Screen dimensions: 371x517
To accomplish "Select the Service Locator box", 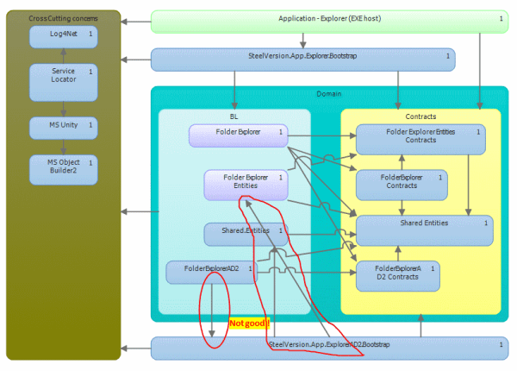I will pyautogui.click(x=63, y=82).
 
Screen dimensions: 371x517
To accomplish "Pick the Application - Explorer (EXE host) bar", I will pyautogui.click(x=328, y=20).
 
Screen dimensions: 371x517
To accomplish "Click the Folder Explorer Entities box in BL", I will pyautogui.click(x=246, y=185).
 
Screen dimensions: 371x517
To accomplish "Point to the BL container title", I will pyautogui.click(x=234, y=116).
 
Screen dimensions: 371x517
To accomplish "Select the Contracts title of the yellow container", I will pyautogui.click(x=420, y=116).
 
